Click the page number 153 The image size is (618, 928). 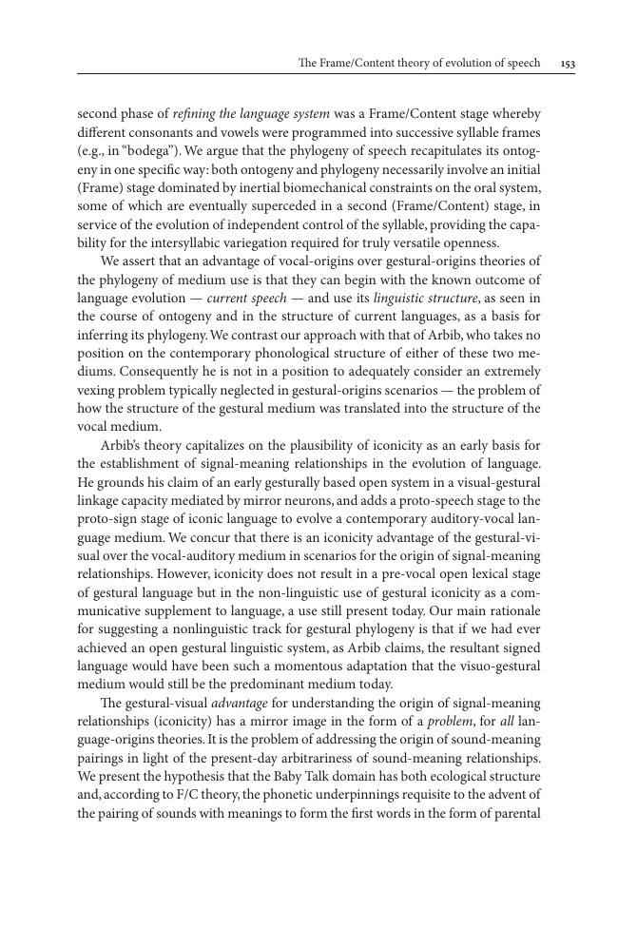tap(568, 64)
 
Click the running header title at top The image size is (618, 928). tap(418, 64)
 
